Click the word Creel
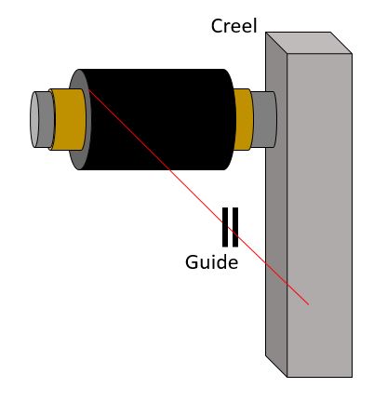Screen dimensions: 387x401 coord(234,26)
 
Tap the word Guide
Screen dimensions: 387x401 coord(211,262)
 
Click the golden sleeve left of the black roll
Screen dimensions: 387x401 coord(68,119)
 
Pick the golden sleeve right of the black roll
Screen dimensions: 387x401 coord(244,119)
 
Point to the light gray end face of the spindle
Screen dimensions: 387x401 coord(34,119)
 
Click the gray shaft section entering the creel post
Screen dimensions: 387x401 coord(264,119)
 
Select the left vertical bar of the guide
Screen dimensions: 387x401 coord(225,227)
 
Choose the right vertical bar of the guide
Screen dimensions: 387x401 coord(235,227)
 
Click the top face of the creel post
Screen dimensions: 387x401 coord(309,43)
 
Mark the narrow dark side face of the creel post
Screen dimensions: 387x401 coord(276,205)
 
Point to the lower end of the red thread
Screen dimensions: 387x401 coord(309,304)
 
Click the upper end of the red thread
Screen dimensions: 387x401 coord(89,90)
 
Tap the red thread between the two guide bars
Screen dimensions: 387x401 coord(230,229)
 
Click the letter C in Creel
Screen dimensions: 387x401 coord(217,26)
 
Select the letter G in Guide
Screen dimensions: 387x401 coord(192,262)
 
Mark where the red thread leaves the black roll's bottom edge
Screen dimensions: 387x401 coord(169,169)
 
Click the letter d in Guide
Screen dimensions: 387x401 coord(221,262)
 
